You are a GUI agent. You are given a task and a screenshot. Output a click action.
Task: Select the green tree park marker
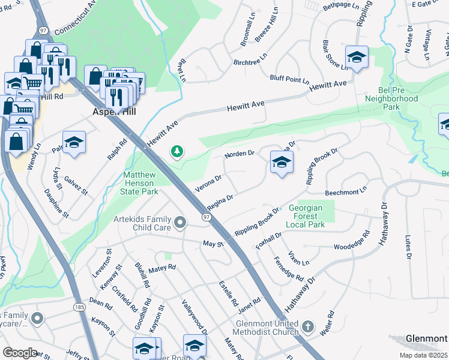pyautogui.click(x=176, y=152)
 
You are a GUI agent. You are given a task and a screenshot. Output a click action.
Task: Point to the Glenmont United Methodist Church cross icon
pyautogui.click(x=307, y=327)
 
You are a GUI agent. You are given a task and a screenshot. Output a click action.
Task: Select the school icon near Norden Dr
pyautogui.click(x=281, y=162)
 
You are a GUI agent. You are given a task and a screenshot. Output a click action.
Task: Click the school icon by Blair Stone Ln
pyautogui.click(x=357, y=57)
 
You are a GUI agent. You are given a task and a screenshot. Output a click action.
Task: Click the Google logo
pyautogui.click(x=19, y=352)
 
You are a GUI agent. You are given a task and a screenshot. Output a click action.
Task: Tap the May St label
pyautogui.click(x=213, y=244)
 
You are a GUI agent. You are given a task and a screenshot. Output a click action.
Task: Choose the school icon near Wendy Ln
pyautogui.click(x=74, y=142)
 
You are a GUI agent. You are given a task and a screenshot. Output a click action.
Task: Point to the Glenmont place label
pyautogui.click(x=426, y=338)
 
